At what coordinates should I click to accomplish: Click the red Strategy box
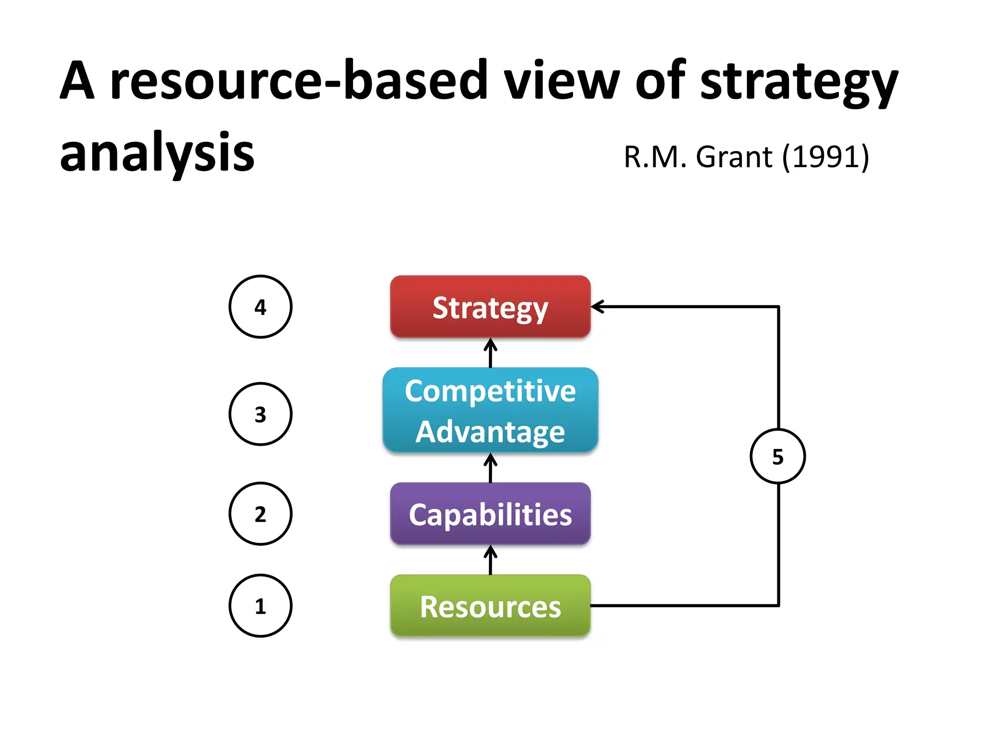(x=490, y=307)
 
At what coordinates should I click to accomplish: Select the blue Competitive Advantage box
(x=490, y=410)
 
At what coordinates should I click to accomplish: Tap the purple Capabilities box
(x=490, y=514)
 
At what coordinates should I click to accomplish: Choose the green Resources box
(x=490, y=606)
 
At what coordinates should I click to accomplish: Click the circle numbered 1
(x=260, y=606)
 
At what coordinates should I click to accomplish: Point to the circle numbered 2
(x=260, y=514)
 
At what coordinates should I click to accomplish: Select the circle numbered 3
(x=260, y=414)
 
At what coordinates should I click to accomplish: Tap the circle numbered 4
(x=260, y=307)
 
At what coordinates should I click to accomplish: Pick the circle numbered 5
(x=777, y=456)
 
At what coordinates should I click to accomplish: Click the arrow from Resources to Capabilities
(x=490, y=561)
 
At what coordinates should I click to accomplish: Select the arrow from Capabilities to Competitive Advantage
(x=490, y=468)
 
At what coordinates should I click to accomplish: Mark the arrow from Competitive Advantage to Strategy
(x=490, y=353)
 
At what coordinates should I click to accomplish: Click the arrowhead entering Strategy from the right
(x=598, y=307)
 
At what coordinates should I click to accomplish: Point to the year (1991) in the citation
(x=826, y=157)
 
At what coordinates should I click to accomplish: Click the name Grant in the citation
(x=734, y=157)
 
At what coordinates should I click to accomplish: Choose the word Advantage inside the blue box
(x=490, y=432)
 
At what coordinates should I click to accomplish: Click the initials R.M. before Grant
(x=654, y=157)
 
